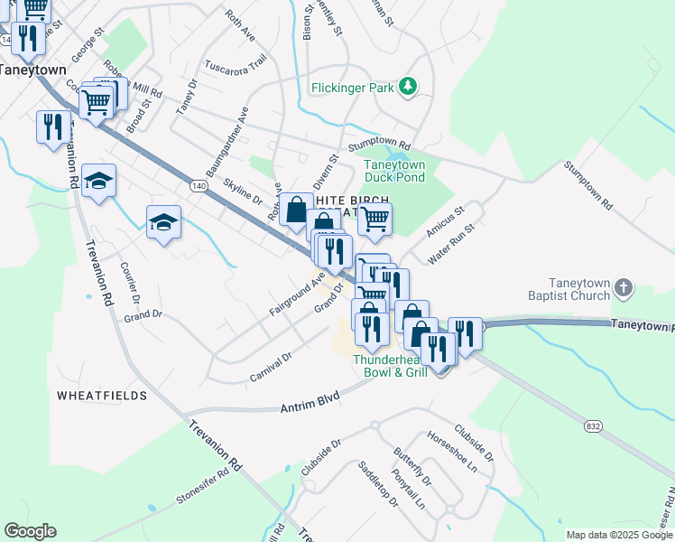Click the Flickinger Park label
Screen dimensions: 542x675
coord(352,88)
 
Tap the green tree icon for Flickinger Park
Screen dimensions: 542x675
coord(410,87)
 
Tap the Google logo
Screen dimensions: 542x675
coord(30,531)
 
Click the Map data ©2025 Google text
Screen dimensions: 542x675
coord(618,535)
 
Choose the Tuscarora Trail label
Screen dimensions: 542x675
coord(236,64)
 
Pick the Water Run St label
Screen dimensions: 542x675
coord(450,245)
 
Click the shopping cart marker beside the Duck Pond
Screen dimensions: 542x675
coord(374,218)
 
